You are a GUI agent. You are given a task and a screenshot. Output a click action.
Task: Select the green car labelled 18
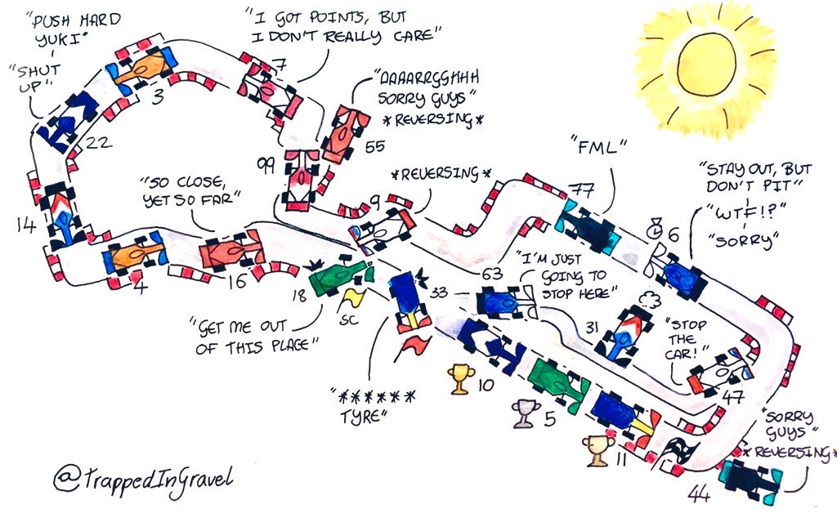(338, 276)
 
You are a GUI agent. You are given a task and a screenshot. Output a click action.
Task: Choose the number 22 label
(98, 144)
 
